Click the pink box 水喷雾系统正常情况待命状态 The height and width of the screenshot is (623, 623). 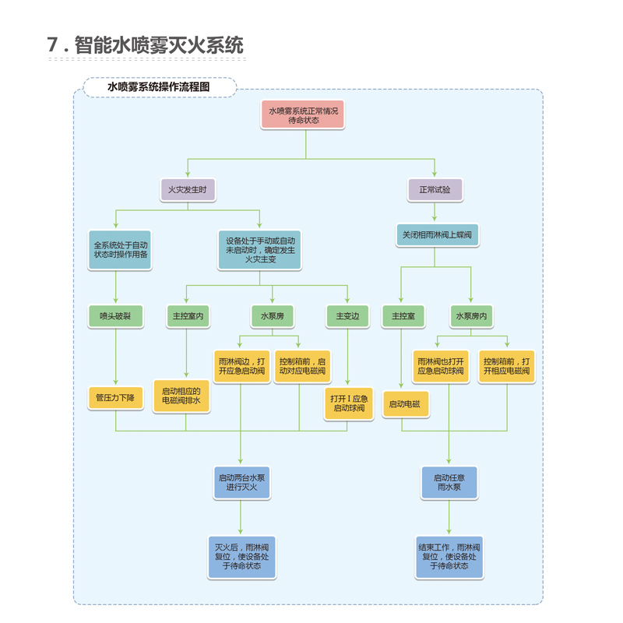304,115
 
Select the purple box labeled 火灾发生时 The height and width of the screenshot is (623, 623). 187,189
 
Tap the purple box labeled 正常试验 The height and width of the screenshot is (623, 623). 435,189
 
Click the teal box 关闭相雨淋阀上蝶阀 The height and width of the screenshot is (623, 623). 436,234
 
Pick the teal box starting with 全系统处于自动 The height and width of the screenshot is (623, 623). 120,249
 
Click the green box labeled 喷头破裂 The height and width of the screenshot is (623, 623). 115,316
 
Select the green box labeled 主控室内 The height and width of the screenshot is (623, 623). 186,316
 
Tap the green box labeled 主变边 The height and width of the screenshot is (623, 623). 347,316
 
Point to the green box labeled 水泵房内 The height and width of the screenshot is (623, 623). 471,316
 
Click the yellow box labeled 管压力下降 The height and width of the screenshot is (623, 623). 115,397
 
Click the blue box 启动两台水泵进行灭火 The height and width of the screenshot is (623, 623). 241,482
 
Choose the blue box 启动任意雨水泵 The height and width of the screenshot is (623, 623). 449,482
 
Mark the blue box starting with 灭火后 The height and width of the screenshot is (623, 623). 241,556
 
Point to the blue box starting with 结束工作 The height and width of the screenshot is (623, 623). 449,556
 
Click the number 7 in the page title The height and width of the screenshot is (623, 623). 54,45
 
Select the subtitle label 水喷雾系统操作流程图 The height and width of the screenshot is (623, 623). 160,87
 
